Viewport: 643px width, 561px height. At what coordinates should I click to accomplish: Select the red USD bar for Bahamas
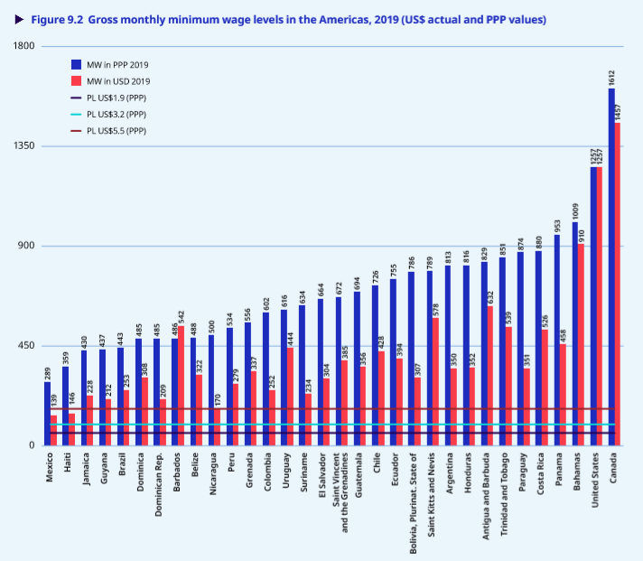(582, 344)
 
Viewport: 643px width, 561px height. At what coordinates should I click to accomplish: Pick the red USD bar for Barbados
(181, 385)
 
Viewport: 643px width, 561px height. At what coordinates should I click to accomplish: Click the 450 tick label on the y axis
(25, 346)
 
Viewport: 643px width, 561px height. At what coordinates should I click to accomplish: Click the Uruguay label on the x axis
(286, 473)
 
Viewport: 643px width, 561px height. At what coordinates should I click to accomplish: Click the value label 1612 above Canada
(611, 77)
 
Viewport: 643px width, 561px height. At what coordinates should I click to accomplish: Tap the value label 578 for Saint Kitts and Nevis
(436, 306)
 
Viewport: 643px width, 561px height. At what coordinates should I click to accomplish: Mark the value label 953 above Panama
(557, 222)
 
